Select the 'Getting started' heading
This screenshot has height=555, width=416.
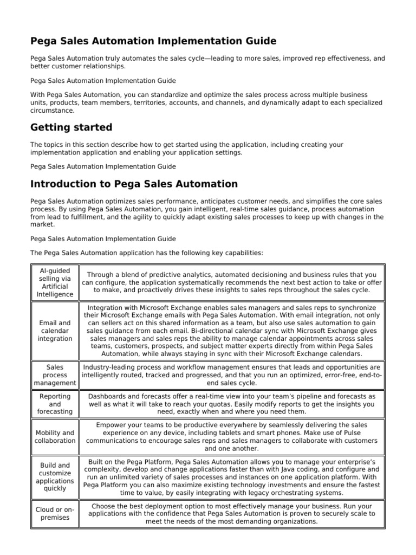71,127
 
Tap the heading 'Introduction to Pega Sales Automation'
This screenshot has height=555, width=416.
134,184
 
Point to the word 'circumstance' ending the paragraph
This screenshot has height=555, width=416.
52,111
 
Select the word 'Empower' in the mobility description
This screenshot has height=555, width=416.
112,425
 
